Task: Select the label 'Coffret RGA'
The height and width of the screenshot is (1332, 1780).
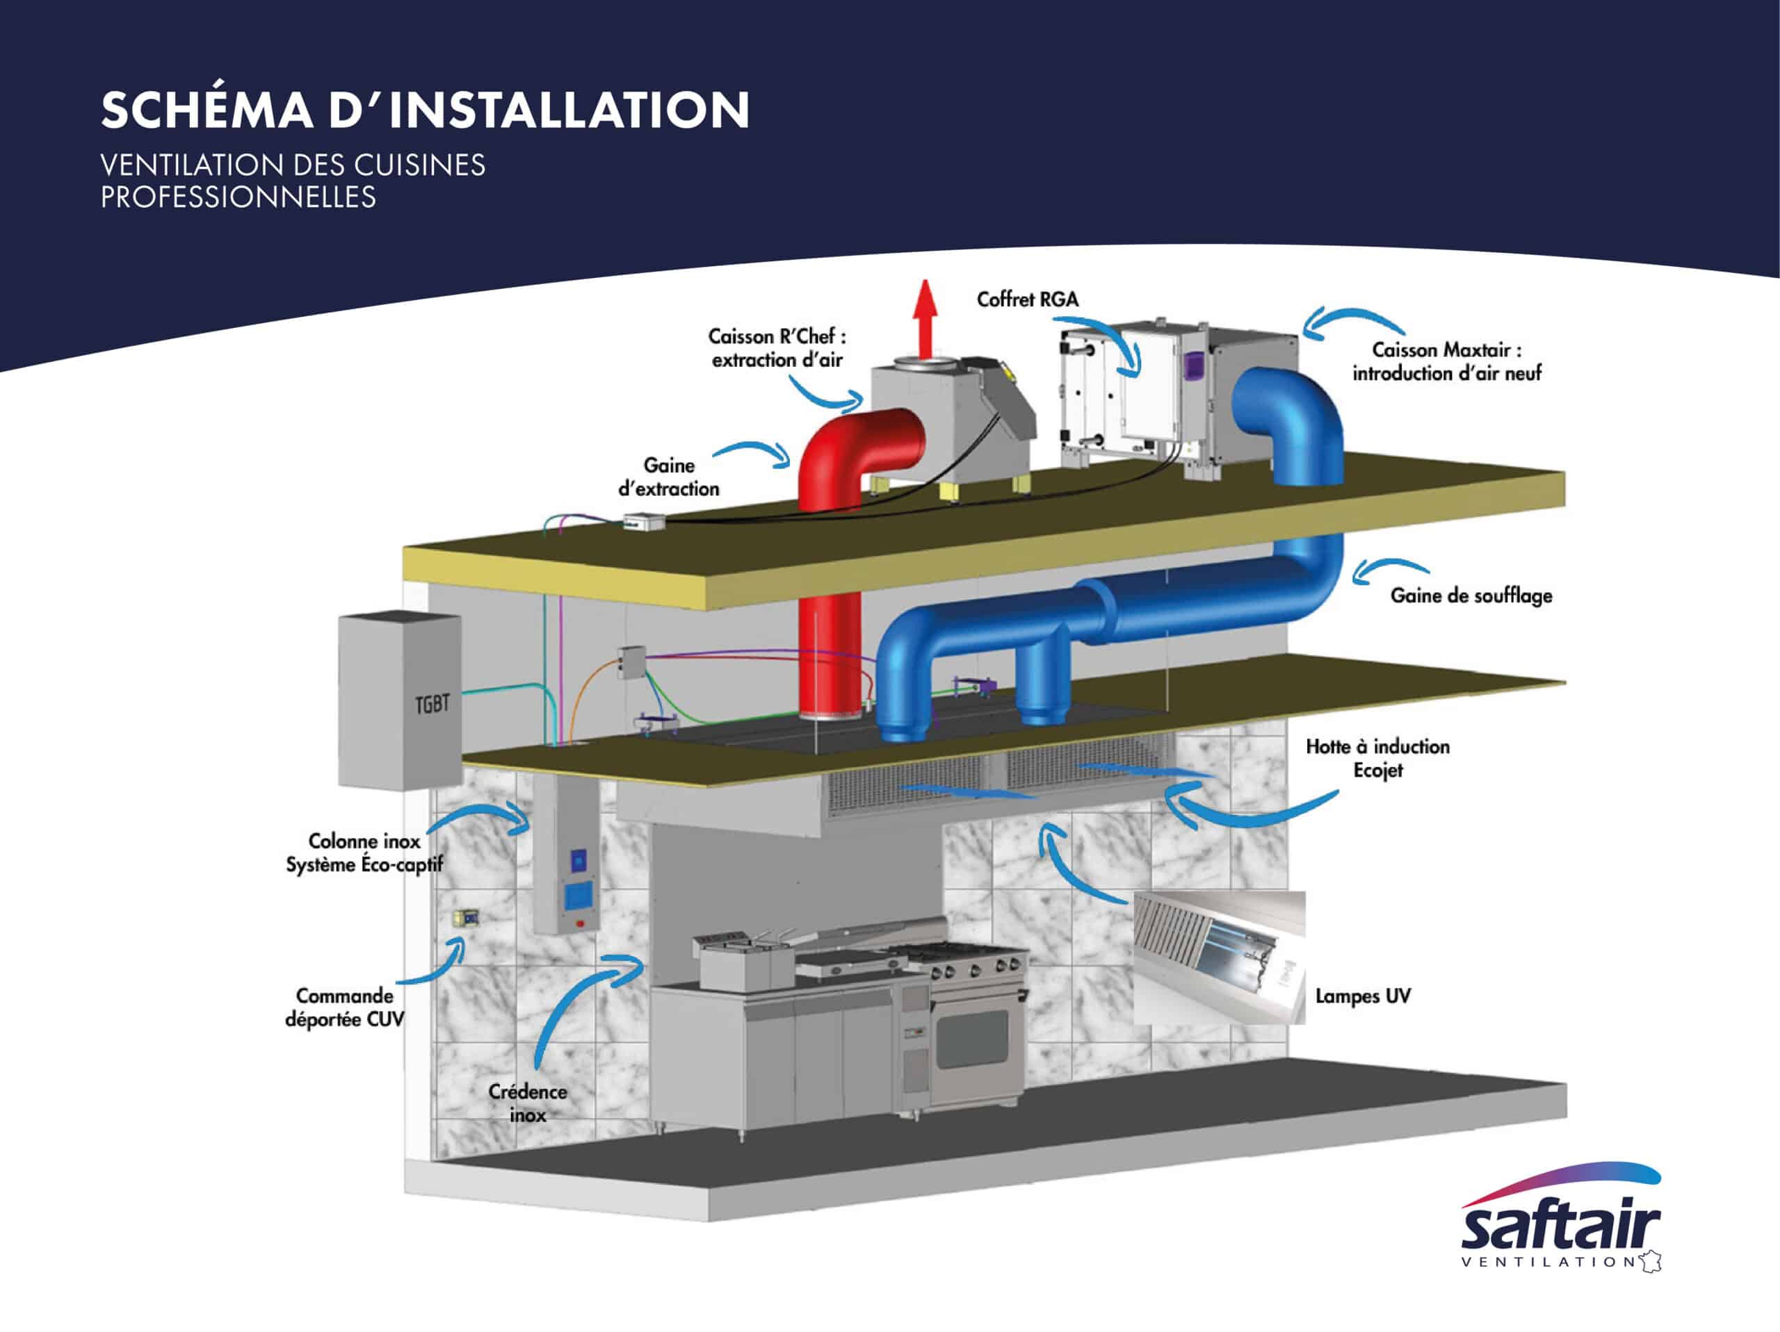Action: [x=1027, y=299]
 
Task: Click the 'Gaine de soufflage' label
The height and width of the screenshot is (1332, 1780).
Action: [x=1471, y=595]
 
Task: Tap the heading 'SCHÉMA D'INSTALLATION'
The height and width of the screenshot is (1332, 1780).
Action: [x=425, y=110]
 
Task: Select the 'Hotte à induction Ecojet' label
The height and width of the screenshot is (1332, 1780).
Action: [x=1377, y=757]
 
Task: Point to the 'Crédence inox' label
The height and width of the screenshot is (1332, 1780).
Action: [x=527, y=1103]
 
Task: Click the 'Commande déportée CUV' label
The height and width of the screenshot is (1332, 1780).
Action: [x=344, y=1007]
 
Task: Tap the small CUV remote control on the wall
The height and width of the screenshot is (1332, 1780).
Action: [x=465, y=918]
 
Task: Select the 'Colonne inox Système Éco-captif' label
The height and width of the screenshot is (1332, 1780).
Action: [x=364, y=853]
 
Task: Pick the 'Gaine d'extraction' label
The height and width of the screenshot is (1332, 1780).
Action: [x=669, y=476]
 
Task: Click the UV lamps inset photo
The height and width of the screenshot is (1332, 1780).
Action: [x=1218, y=957]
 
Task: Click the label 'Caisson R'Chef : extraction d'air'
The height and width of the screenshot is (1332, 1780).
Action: [x=777, y=347]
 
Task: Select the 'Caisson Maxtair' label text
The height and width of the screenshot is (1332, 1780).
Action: [x=1446, y=361]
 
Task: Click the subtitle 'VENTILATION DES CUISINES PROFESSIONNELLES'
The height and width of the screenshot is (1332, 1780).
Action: [x=293, y=181]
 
